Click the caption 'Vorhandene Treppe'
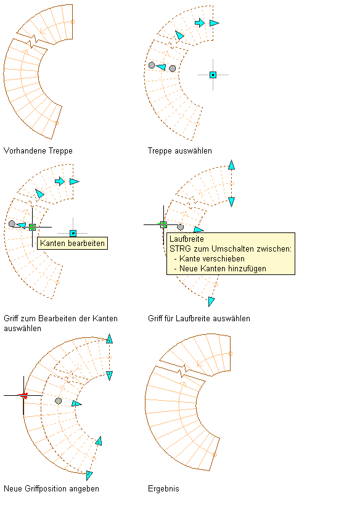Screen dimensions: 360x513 click(38, 151)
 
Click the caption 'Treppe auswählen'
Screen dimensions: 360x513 click(180, 151)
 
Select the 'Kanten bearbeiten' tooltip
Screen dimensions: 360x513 click(72, 243)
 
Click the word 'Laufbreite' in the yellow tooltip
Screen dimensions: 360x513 click(187, 239)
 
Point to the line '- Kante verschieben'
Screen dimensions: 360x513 click(209, 258)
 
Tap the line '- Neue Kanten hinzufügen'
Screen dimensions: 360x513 click(220, 269)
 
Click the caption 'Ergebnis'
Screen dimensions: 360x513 click(163, 489)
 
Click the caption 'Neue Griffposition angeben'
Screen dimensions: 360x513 click(51, 489)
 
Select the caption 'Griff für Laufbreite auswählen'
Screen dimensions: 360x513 click(198, 318)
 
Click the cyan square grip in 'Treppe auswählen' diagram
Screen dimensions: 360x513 click(213, 75)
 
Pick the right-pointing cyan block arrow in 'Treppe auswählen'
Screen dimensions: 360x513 click(200, 23)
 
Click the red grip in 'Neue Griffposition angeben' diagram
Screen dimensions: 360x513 click(23, 396)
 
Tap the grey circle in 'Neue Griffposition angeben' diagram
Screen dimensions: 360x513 click(58, 401)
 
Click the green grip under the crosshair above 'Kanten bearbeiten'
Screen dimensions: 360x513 click(32, 227)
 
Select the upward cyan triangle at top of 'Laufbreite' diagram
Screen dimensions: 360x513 click(232, 165)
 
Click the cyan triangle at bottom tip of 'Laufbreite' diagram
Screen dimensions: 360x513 click(211, 302)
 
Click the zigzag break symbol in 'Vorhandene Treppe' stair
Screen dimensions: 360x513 click(34, 42)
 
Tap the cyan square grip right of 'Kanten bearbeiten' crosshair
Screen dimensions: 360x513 click(73, 233)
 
